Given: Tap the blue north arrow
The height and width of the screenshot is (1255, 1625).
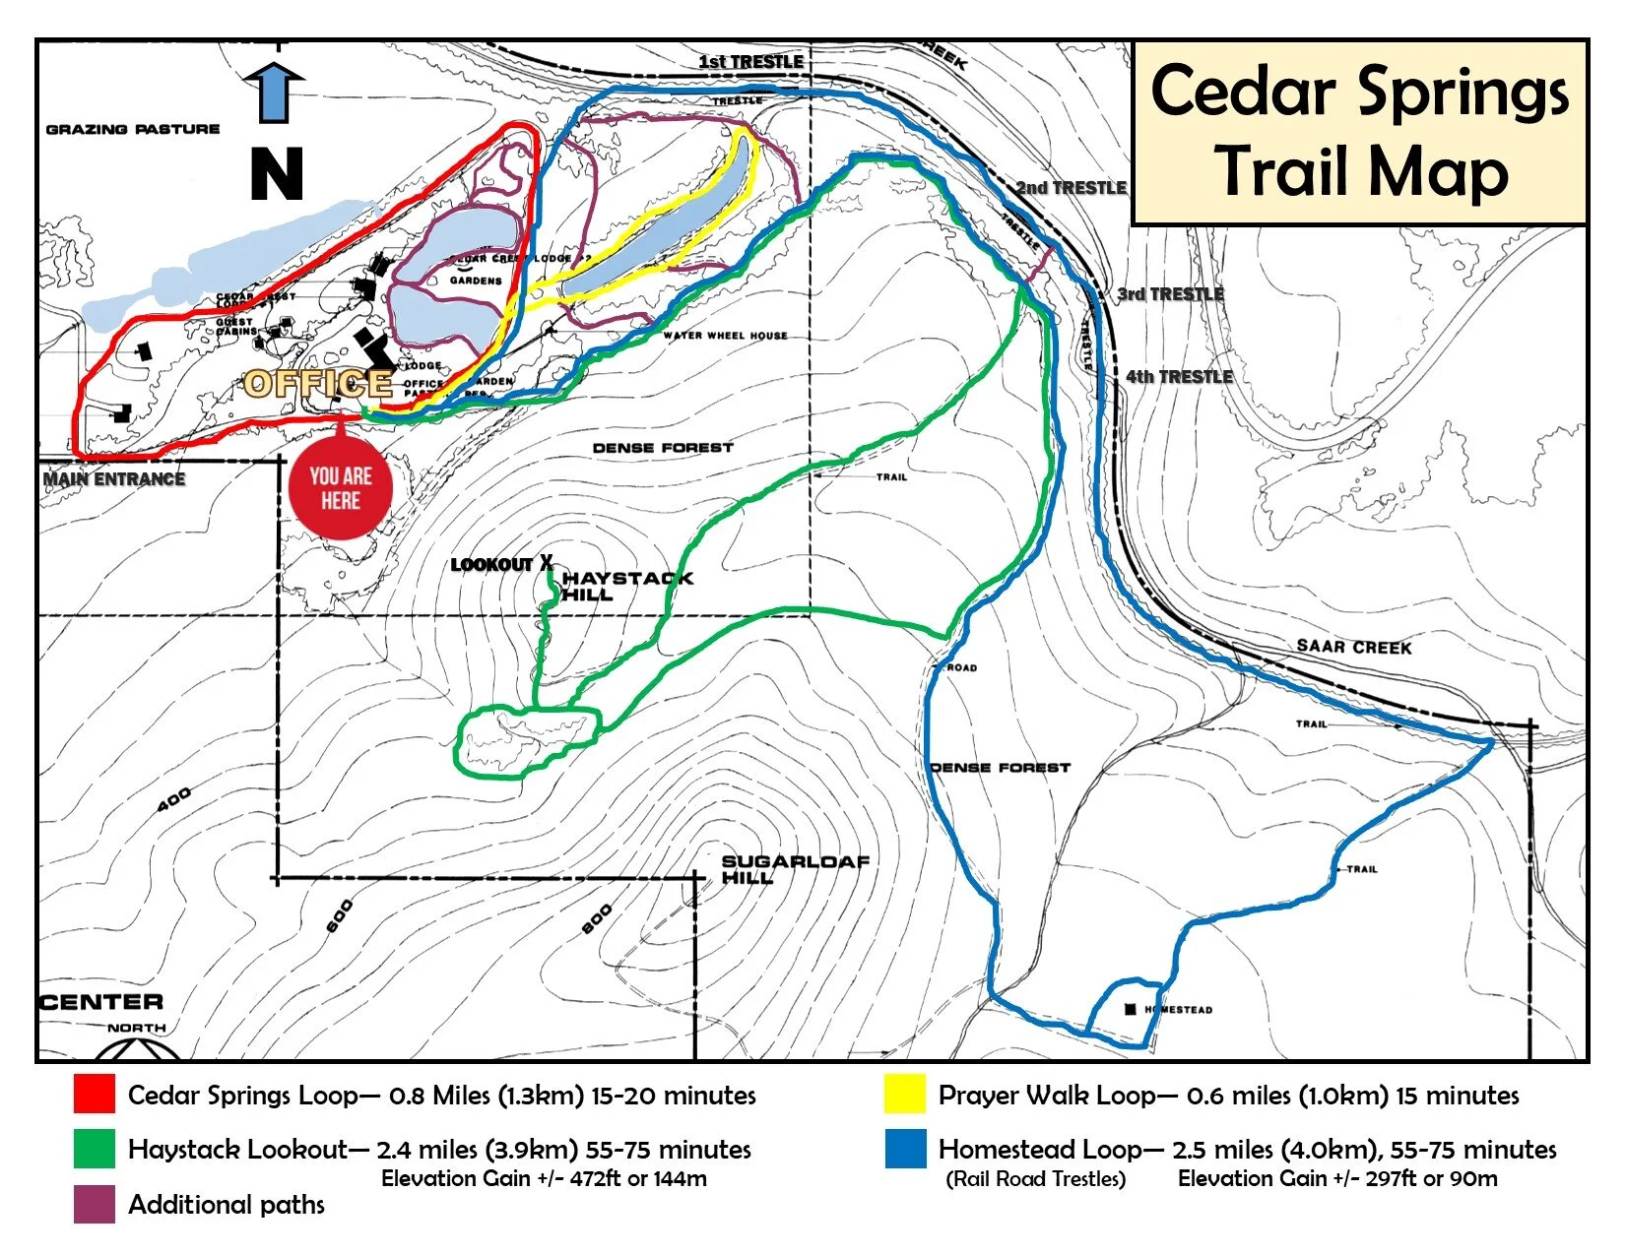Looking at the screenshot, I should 274,93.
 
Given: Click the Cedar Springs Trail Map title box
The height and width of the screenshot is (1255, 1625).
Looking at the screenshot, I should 1360,132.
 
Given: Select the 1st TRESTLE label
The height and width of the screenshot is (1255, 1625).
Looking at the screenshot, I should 750,62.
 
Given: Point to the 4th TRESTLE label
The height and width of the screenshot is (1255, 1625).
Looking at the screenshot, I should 1179,377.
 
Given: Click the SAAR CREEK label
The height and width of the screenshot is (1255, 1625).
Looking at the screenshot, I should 1353,647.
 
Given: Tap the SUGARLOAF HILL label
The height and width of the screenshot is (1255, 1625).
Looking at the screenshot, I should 794,869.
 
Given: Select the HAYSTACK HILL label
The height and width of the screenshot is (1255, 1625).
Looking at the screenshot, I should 626,587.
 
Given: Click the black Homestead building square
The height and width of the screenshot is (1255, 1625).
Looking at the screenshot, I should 1131,1009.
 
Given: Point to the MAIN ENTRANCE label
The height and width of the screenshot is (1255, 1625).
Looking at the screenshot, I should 114,479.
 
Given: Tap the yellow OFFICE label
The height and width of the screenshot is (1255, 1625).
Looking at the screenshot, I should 317,383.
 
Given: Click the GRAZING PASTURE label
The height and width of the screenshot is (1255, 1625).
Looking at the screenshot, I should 133,129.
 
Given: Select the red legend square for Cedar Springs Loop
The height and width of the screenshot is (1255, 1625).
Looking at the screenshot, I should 94,1095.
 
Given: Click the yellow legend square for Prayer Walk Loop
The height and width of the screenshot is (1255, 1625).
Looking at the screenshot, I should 905,1095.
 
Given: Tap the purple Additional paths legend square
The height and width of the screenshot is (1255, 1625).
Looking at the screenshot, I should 94,1204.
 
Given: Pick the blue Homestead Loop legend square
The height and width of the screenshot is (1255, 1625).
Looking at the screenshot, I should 905,1149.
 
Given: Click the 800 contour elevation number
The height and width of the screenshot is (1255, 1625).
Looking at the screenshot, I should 597,919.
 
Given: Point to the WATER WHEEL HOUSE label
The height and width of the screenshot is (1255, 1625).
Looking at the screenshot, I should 725,336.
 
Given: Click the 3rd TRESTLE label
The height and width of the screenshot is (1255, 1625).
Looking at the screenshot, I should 1170,294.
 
